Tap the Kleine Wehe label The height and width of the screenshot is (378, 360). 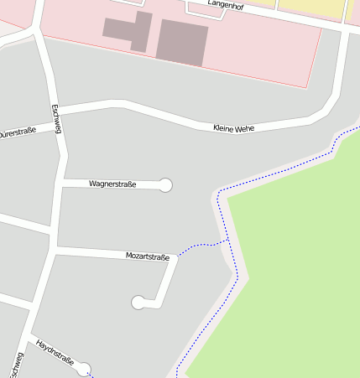(233, 128)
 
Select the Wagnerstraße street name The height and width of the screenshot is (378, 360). (112, 183)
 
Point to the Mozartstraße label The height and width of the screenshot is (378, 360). (147, 256)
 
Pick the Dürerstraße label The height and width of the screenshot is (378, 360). (17, 132)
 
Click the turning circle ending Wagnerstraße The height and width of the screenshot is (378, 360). (165, 185)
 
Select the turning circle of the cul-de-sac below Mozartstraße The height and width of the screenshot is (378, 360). (138, 303)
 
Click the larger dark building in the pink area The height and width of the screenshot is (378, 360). (182, 42)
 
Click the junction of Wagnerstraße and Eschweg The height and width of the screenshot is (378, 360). (60, 181)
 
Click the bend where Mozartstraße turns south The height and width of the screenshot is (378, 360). (174, 259)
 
